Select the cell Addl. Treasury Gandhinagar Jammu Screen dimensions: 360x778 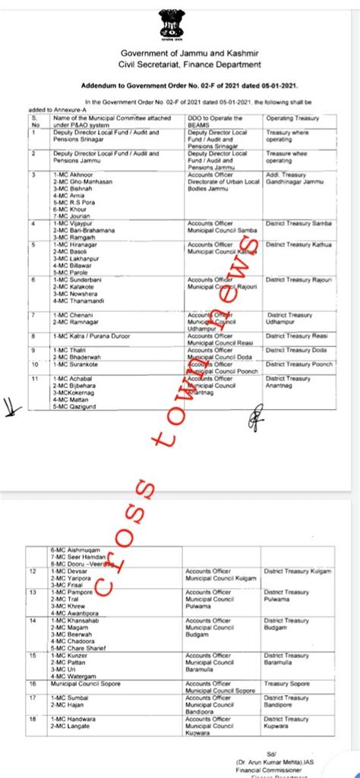tap(295, 178)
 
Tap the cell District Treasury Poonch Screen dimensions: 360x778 tap(300, 364)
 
